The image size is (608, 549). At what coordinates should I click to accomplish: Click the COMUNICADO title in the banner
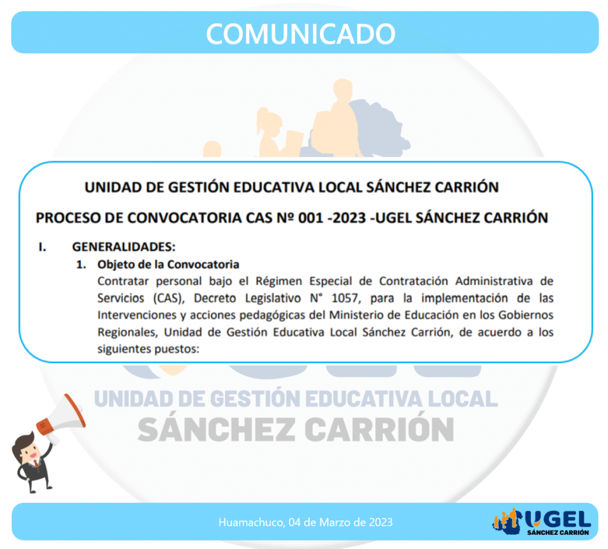300,33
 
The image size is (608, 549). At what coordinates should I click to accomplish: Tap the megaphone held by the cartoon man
62,418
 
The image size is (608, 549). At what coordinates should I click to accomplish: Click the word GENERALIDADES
123,247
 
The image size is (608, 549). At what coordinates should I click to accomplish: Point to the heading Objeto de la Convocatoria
168,264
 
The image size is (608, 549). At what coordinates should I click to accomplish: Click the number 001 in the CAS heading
311,217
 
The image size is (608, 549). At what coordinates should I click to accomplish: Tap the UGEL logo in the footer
541,522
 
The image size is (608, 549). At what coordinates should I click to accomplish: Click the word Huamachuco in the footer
252,522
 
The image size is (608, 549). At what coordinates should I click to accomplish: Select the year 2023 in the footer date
381,522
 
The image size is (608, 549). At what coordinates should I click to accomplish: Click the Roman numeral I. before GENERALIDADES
42,247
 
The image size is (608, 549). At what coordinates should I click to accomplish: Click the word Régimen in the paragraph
278,281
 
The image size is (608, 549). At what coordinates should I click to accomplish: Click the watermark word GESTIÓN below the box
254,398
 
